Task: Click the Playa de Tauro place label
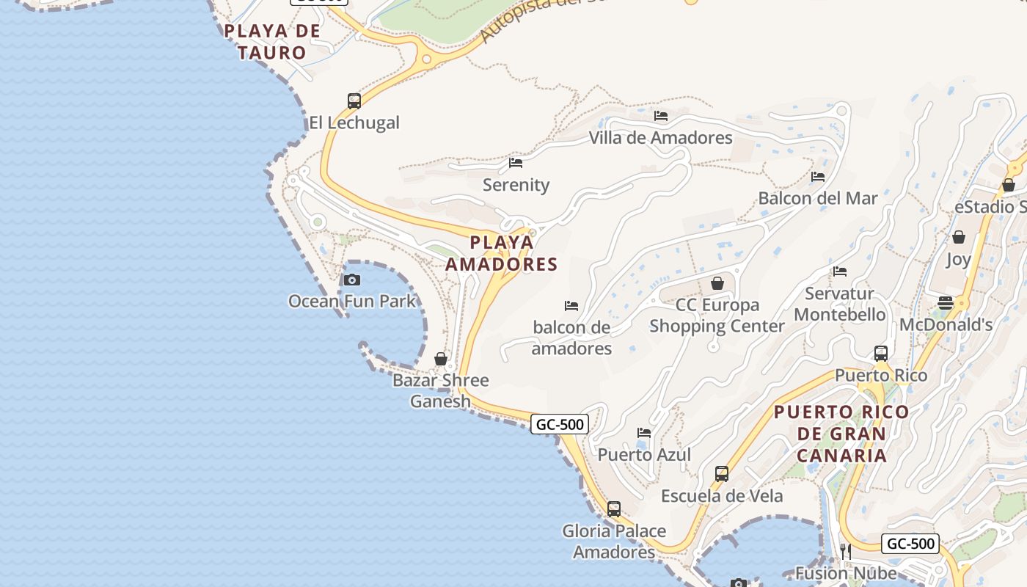272,42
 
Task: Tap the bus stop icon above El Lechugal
354,101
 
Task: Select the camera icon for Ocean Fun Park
352,280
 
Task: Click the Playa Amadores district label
502,253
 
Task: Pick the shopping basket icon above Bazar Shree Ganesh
441,359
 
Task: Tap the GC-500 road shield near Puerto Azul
560,424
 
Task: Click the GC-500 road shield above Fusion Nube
910,544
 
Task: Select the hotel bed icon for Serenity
516,163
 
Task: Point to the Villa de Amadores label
660,137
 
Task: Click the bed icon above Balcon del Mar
818,177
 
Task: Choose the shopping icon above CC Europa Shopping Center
717,283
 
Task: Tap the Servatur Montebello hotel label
839,304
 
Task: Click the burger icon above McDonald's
946,303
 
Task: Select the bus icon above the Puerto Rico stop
881,354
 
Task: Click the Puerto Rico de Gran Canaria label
841,434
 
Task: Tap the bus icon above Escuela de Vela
722,474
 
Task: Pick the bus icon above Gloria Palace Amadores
614,509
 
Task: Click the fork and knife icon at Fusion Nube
846,551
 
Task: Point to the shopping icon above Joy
958,237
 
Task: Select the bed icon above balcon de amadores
571,306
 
